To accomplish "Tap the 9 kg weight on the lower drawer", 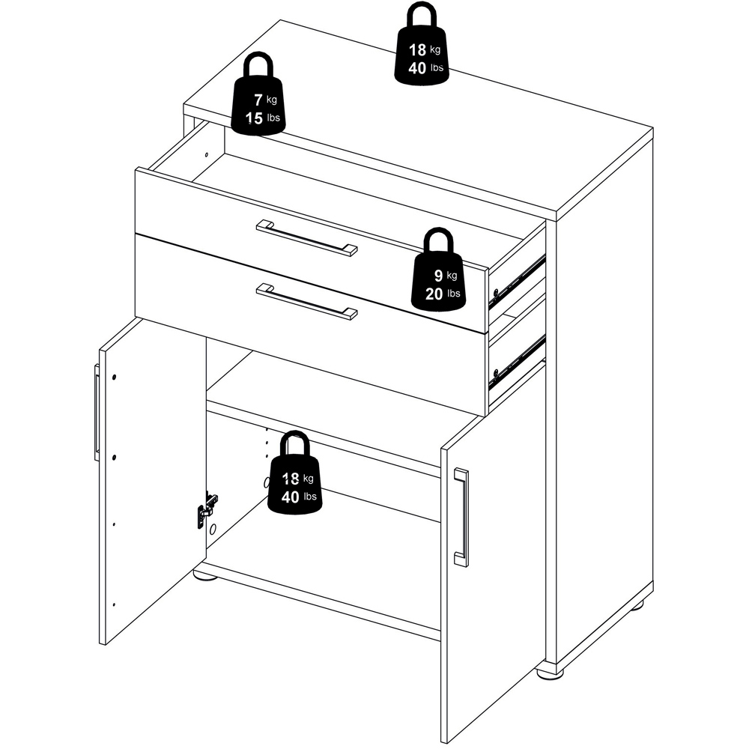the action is click(x=438, y=270).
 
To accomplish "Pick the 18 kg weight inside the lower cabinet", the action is click(x=294, y=472).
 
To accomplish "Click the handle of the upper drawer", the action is click(x=306, y=238).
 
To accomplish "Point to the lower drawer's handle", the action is click(x=306, y=301).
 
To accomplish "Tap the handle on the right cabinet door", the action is click(x=461, y=518).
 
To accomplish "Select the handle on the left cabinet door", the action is click(x=97, y=412).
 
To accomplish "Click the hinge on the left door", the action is click(x=207, y=509).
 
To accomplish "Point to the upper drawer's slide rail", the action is click(x=518, y=279).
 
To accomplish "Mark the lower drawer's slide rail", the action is click(x=518, y=360).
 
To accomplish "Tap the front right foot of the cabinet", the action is click(x=549, y=672).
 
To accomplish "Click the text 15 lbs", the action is click(x=263, y=118).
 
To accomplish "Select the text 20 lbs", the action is click(x=443, y=294).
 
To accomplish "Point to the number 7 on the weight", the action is click(x=258, y=100).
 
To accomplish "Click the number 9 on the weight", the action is click(x=438, y=275).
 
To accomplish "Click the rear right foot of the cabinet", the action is click(x=640, y=608).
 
